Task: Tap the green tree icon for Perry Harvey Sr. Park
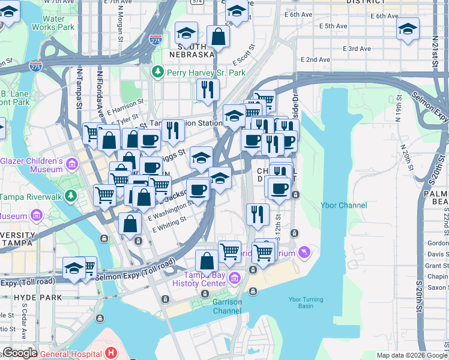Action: pyautogui.click(x=158, y=72)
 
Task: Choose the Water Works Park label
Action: pyautogui.click(x=54, y=23)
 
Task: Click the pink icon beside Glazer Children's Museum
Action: pyautogui.click(x=72, y=164)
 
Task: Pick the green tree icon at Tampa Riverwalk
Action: pyautogui.click(x=71, y=196)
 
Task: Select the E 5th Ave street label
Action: pyautogui.click(x=334, y=26)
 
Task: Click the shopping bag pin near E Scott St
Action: pyautogui.click(x=218, y=36)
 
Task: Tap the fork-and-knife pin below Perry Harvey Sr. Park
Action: pyautogui.click(x=207, y=89)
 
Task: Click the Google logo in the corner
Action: pyautogui.click(x=19, y=353)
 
